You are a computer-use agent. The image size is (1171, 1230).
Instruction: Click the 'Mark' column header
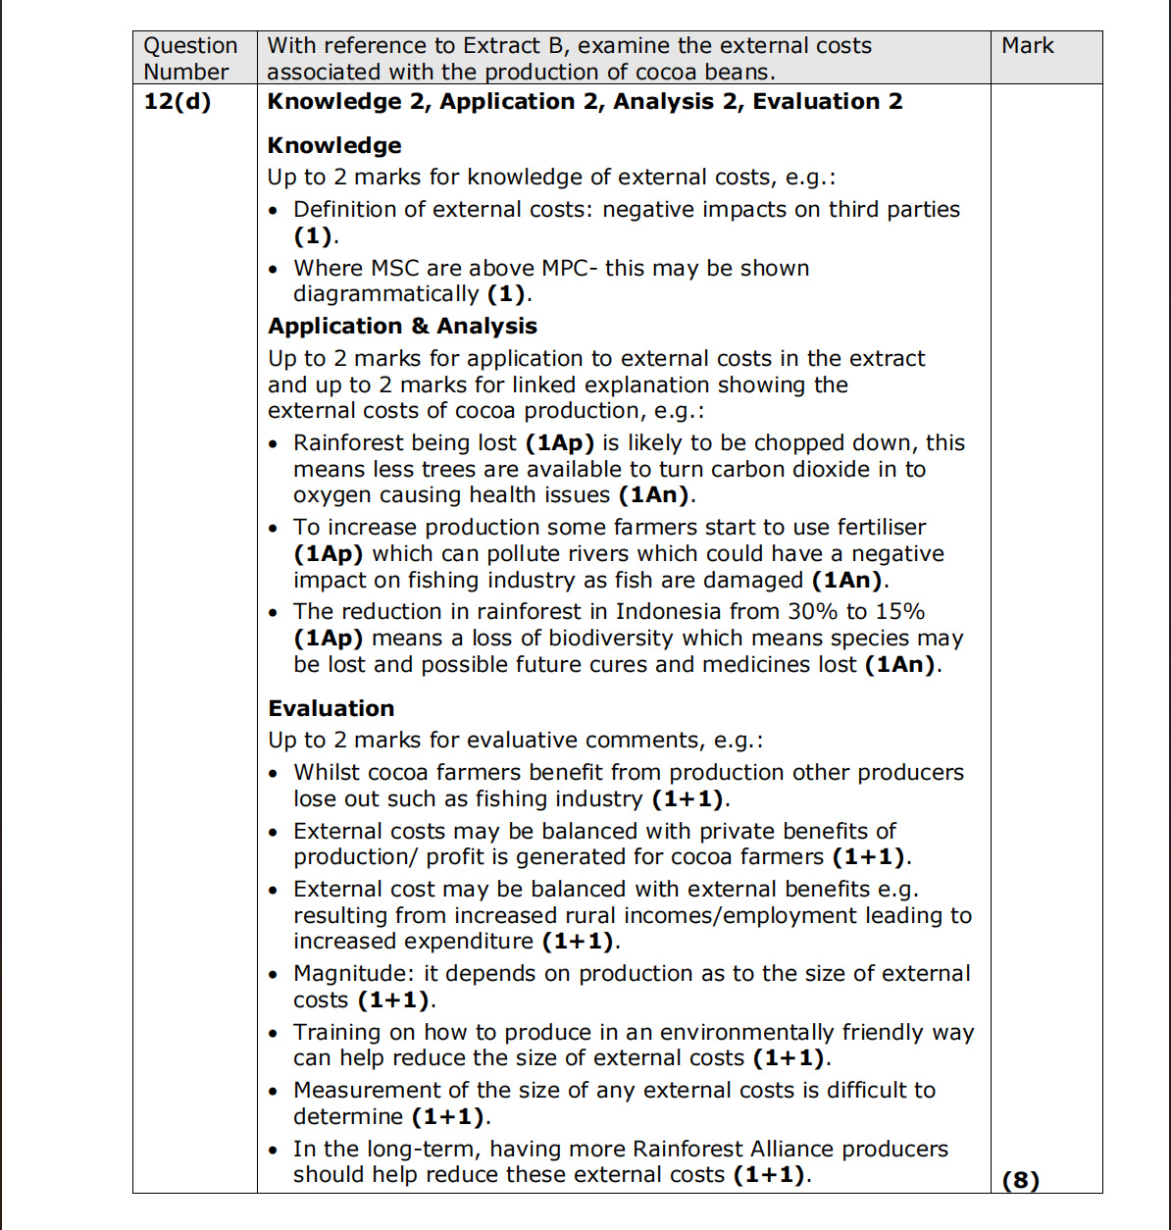1027,46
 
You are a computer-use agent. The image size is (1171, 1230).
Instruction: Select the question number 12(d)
177,102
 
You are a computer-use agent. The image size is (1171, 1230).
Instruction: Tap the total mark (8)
1020,1180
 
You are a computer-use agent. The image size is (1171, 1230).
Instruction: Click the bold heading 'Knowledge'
334,146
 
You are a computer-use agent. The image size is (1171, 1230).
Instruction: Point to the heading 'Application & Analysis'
402,327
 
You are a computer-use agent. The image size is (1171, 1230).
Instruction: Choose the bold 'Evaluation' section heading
331,709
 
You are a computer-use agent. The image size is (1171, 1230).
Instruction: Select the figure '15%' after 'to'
899,612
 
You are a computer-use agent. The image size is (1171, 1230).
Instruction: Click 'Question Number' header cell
190,59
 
